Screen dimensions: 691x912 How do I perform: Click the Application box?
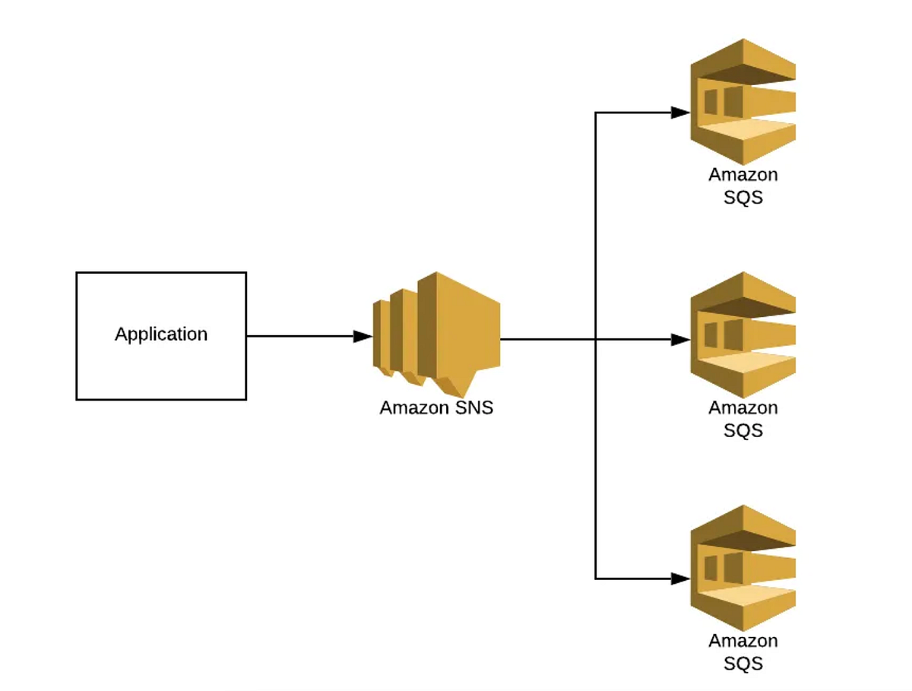161,372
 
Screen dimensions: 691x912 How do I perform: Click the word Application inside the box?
161,334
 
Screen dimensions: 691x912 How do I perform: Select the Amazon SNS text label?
436,407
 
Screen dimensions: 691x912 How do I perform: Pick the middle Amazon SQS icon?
743,334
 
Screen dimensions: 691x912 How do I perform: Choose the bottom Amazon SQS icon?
743,567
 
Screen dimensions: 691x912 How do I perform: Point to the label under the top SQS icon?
743,185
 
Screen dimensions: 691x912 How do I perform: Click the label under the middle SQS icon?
743,419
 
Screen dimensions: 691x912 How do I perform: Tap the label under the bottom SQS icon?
743,651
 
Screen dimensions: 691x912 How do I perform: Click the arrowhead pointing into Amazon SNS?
363,336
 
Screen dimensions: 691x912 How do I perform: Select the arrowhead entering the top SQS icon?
681,113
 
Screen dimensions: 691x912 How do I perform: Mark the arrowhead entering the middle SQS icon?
681,340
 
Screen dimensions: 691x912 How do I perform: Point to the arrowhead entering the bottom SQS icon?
681,579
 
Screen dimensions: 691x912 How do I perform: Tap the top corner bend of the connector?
595,113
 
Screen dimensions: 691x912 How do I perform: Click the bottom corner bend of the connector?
595,579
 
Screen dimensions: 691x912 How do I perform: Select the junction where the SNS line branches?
595,340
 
